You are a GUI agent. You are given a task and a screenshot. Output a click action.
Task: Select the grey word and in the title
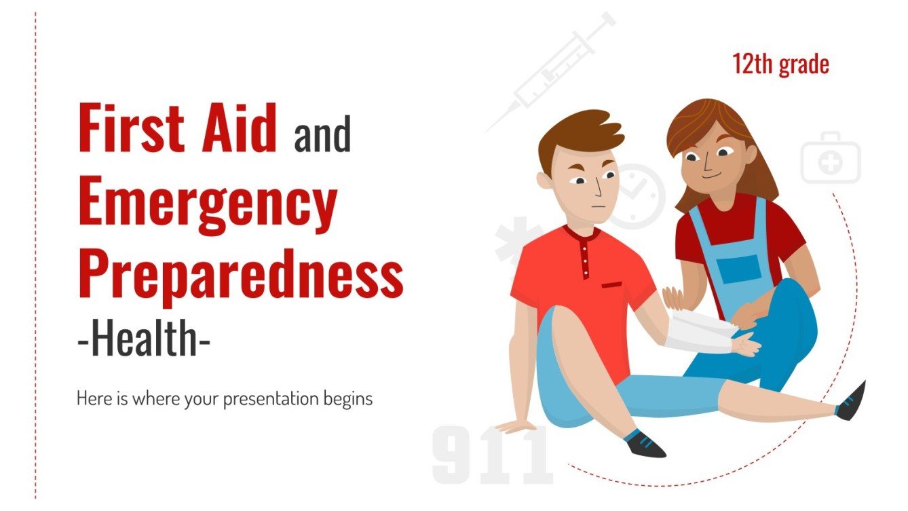(322, 135)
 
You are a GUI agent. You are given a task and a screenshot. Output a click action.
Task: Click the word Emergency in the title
(207, 202)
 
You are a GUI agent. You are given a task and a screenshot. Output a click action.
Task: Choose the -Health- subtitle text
(143, 339)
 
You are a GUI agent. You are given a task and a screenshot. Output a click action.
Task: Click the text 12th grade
(780, 64)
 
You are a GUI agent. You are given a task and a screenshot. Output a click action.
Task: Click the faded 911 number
(492, 455)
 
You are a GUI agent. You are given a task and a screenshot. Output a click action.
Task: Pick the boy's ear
(544, 179)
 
